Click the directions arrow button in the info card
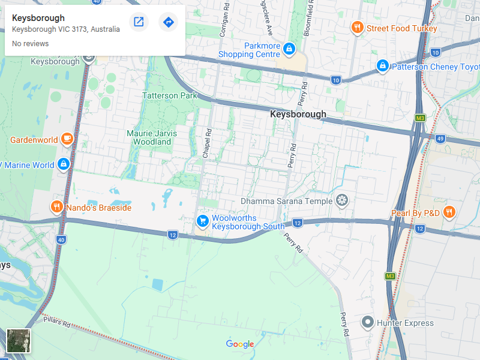coord(169,22)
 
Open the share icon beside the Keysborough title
coord(139,22)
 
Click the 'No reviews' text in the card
coord(30,44)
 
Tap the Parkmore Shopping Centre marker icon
coord(289,48)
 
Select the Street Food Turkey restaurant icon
coord(357,28)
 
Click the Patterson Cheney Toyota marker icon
coord(382,65)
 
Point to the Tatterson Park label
coord(169,95)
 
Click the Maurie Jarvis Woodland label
coord(149,137)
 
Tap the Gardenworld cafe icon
coord(67,139)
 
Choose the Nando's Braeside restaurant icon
coord(56,208)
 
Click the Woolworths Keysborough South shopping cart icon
coord(202,221)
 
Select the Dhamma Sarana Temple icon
coord(343,200)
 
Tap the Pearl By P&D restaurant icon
coord(449,212)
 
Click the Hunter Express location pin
coord(368,322)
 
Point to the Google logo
coord(240,344)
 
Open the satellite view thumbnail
coord(18,340)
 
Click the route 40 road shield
coord(61,240)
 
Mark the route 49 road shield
coord(440,139)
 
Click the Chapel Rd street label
coord(206,144)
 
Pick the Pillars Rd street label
coord(57,322)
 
